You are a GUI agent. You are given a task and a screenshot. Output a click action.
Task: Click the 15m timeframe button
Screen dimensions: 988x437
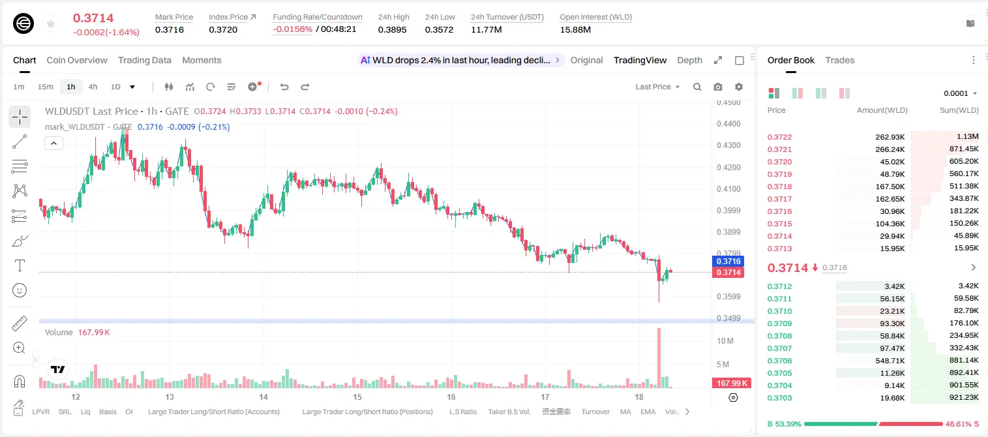[46, 87]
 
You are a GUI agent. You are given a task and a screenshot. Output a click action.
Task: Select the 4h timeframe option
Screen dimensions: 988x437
[93, 87]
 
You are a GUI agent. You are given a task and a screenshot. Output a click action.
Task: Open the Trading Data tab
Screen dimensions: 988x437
[144, 60]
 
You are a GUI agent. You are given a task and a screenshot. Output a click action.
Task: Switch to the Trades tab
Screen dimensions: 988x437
[840, 60]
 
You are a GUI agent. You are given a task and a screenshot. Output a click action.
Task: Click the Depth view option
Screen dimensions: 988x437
[689, 60]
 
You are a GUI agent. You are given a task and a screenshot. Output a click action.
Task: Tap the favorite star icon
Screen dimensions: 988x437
[51, 23]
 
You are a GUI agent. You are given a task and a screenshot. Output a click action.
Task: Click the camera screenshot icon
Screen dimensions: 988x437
[718, 87]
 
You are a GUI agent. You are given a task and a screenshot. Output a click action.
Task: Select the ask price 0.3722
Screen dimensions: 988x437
[779, 137]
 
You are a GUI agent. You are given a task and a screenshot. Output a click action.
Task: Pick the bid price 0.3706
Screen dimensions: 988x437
[779, 360]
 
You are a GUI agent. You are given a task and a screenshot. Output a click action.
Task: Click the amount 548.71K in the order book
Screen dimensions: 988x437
[890, 360]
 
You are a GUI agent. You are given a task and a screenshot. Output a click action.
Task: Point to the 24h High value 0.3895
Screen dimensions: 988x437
[392, 29]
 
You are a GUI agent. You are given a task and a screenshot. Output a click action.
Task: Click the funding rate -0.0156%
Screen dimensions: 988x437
[292, 29]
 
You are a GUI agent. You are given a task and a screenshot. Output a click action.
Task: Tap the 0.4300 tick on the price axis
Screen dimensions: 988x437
[728, 145]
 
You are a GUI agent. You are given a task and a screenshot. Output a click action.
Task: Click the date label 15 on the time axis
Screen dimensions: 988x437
[357, 397]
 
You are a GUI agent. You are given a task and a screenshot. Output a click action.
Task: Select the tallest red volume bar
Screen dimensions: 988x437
[659, 358]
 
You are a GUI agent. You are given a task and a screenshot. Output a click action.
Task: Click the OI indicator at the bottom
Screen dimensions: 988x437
[128, 412]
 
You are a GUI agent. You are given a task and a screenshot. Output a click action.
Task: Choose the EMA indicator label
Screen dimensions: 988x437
[648, 412]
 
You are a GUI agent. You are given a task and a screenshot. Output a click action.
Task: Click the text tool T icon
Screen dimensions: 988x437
[20, 265]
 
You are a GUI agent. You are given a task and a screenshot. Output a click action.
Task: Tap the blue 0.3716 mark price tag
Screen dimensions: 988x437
[728, 261]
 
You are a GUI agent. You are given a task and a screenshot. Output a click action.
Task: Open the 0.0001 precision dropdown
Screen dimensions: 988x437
[960, 93]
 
